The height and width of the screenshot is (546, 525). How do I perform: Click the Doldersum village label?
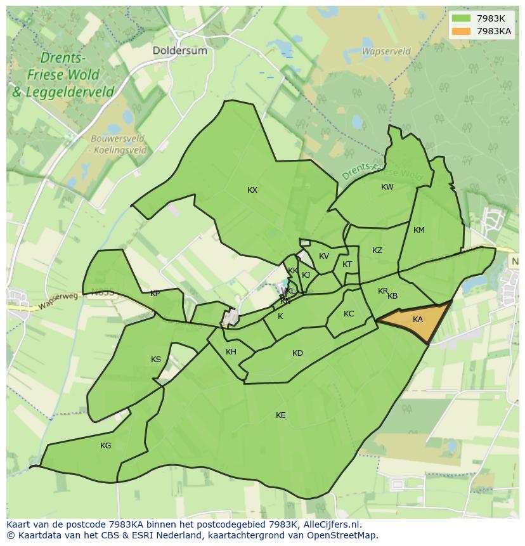[179, 51]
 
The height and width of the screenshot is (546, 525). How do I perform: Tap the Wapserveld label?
[386, 51]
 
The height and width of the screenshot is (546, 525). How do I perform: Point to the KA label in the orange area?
[417, 320]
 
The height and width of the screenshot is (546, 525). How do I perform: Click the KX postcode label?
[252, 190]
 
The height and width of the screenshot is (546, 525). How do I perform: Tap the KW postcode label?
[387, 187]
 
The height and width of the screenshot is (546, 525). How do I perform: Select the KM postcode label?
[418, 230]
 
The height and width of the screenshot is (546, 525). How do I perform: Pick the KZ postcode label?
[377, 250]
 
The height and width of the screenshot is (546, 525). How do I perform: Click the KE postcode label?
[280, 415]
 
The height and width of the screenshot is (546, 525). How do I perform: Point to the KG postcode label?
[105, 446]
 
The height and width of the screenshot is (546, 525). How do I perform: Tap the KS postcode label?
[156, 360]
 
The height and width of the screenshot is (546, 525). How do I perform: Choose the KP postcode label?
[155, 294]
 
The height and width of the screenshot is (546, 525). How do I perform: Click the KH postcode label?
[231, 352]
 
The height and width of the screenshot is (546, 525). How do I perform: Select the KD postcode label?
[297, 353]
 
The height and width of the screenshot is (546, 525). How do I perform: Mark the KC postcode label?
[349, 314]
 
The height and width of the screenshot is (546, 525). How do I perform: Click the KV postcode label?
[324, 256]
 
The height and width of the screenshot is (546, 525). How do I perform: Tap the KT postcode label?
[347, 264]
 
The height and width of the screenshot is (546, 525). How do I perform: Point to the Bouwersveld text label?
[117, 139]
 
